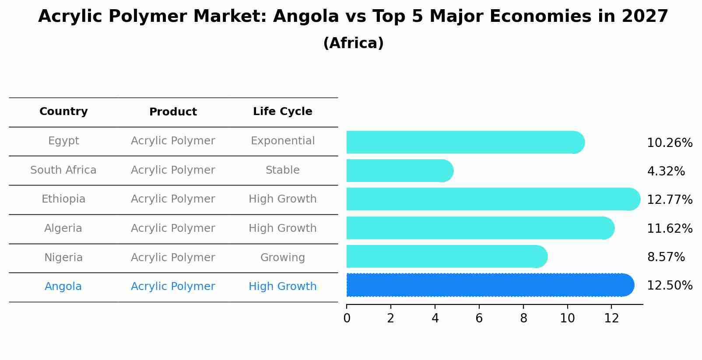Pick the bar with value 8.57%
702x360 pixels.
(x=446, y=256)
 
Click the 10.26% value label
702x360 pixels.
(x=669, y=143)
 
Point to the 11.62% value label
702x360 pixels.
(x=669, y=229)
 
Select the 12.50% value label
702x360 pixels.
(x=669, y=286)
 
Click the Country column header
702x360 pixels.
(x=63, y=112)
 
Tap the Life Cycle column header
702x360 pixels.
(x=282, y=112)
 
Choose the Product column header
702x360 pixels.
(x=173, y=112)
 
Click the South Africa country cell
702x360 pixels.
(x=63, y=170)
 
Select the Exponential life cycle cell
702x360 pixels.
(x=282, y=141)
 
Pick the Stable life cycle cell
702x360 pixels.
(x=282, y=170)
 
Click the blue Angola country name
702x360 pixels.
(x=63, y=287)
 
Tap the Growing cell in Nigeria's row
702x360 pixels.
(x=282, y=258)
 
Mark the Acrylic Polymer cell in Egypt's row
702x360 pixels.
(x=173, y=141)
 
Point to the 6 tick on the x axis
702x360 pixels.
(x=479, y=318)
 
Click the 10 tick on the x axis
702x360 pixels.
(x=567, y=318)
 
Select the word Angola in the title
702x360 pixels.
(x=305, y=17)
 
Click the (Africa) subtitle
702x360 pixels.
(x=353, y=43)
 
